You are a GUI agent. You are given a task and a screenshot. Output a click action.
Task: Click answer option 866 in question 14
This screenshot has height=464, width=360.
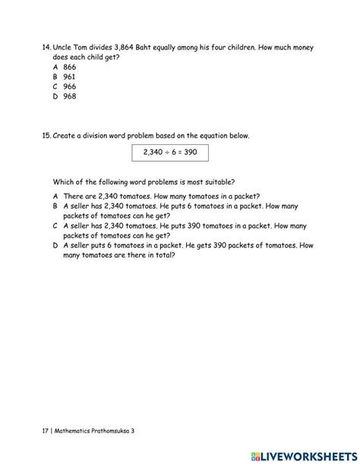pyautogui.click(x=71, y=67)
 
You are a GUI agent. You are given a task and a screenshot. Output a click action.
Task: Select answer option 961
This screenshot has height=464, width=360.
pyautogui.click(x=71, y=77)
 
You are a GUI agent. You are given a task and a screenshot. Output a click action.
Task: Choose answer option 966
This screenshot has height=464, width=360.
pyautogui.click(x=71, y=87)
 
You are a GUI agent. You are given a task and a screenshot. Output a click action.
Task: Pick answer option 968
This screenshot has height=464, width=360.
pyautogui.click(x=71, y=96)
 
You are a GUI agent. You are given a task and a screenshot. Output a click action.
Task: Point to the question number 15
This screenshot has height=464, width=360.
pyautogui.click(x=46, y=136)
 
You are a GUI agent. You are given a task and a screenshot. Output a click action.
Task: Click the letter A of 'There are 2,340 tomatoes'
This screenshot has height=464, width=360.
pyautogui.click(x=55, y=196)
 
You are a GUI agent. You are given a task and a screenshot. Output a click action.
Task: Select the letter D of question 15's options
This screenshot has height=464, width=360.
pyautogui.click(x=55, y=245)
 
